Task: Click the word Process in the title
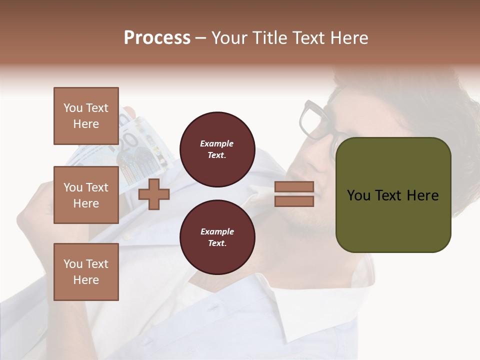click(x=157, y=38)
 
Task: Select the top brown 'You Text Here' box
click(x=86, y=116)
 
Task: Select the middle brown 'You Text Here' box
click(x=86, y=195)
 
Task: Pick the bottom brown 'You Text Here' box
click(x=86, y=272)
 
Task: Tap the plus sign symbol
click(x=153, y=194)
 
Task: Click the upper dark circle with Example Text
click(x=217, y=149)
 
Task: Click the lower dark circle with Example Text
click(x=217, y=237)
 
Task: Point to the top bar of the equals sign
click(x=294, y=187)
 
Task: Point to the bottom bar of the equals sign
click(x=294, y=201)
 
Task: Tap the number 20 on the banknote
click(x=128, y=142)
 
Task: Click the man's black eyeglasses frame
click(x=312, y=120)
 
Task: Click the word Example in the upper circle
click(x=216, y=143)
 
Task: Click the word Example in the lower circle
click(x=216, y=231)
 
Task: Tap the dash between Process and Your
click(x=201, y=38)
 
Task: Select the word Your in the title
click(x=228, y=38)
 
